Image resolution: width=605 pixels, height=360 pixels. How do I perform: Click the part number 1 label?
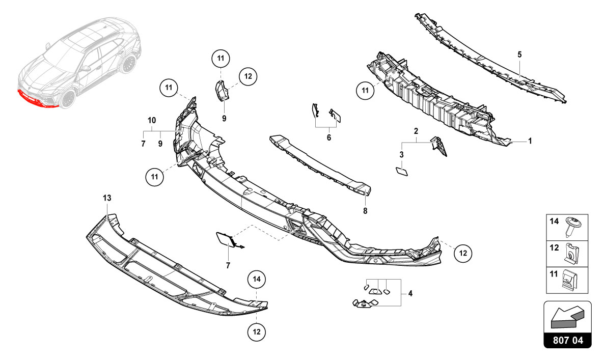click(x=530, y=141)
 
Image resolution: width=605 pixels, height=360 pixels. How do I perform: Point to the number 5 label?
click(x=519, y=54)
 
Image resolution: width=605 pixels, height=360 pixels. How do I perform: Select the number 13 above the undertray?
click(x=106, y=197)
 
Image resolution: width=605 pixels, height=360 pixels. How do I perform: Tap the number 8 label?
click(x=365, y=210)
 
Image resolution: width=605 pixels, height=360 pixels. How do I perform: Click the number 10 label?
click(x=152, y=121)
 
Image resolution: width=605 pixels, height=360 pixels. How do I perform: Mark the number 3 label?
click(x=401, y=154)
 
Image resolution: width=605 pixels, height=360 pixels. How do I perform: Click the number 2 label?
click(x=416, y=131)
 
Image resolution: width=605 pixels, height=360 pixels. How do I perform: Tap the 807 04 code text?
click(x=567, y=339)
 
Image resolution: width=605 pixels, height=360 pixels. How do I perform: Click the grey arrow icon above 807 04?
click(x=566, y=317)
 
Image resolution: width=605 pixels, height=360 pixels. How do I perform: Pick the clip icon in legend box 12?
click(x=572, y=253)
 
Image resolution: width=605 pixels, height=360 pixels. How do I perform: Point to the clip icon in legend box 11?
click(x=572, y=280)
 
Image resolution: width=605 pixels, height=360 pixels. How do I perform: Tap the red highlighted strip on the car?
click(x=36, y=100)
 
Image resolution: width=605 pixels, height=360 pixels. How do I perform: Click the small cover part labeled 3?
click(x=401, y=171)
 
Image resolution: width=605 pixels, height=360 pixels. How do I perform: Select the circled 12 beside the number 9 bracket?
click(x=248, y=77)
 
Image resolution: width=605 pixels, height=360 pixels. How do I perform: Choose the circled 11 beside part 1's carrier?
click(x=365, y=91)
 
